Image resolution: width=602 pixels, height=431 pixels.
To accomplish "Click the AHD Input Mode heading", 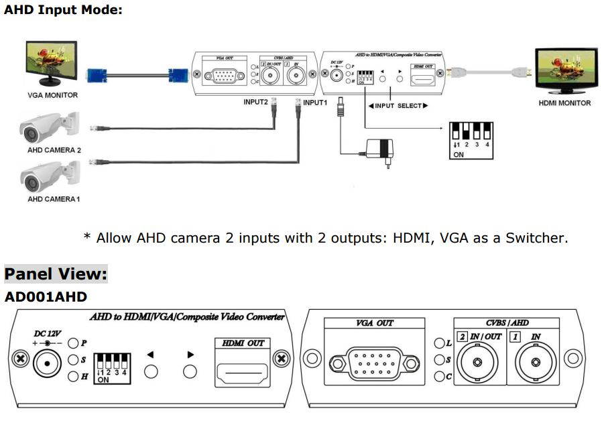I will pos(63,11).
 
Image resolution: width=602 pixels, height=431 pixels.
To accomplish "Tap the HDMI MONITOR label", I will pos(564,103).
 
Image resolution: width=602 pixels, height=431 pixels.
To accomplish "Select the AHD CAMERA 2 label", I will pos(54,150).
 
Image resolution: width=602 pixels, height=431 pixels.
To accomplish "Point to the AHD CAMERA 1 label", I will pos(54,199).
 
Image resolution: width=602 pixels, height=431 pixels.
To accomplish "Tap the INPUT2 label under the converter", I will pos(255,103).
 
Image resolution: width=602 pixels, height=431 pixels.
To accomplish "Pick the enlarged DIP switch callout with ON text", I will pos(471,139).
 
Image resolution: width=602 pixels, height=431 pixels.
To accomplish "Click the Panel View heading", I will pos(56,275).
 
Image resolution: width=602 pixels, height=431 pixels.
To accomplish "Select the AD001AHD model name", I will pos(46,296).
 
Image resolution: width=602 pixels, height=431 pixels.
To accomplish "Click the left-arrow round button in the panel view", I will pos(151,372).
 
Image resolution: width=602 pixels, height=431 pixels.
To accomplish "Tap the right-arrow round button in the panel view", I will pos(191,372).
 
